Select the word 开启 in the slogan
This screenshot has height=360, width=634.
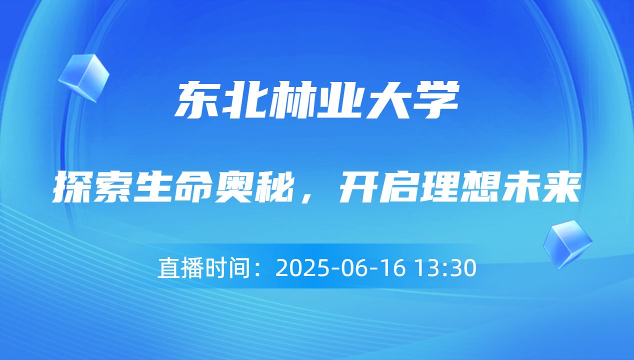click(x=378, y=187)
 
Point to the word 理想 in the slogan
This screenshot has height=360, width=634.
click(x=458, y=187)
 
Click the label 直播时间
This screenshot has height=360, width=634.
click(x=203, y=268)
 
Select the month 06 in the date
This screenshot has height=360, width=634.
click(x=350, y=268)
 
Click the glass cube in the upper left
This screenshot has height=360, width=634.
click(x=83, y=77)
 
